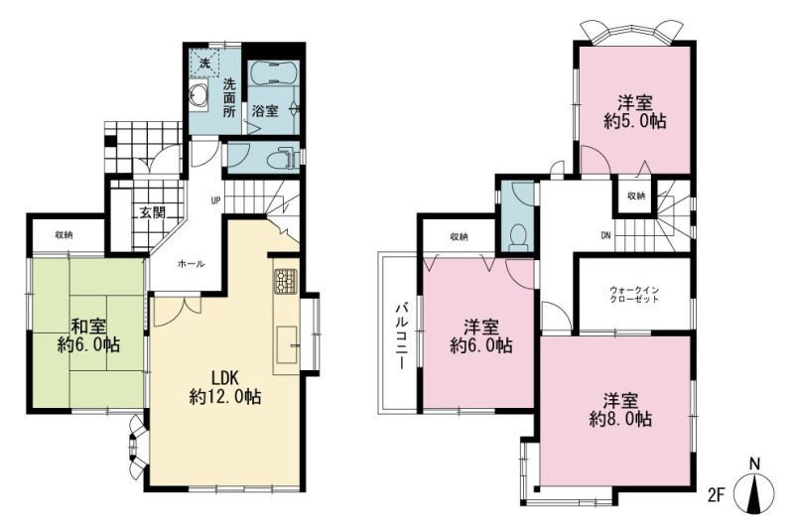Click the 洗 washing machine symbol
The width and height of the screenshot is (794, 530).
point(204,64)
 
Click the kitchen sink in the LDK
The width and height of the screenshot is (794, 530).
point(287,344)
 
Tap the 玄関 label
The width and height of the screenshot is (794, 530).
point(153,212)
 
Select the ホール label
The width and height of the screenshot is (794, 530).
point(191,264)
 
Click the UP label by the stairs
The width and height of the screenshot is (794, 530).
point(215,200)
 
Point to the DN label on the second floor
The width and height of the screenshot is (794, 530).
point(605,235)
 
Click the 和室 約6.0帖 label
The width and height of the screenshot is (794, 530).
point(88,335)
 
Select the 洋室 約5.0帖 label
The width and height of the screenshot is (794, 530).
point(634,112)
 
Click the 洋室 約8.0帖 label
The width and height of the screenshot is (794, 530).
point(620,410)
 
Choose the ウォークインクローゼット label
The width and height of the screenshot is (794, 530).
point(634,295)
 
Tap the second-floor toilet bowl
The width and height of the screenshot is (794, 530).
point(517,236)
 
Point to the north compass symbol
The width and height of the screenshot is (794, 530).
point(754,490)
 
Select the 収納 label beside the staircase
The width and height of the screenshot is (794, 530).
point(636,196)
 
